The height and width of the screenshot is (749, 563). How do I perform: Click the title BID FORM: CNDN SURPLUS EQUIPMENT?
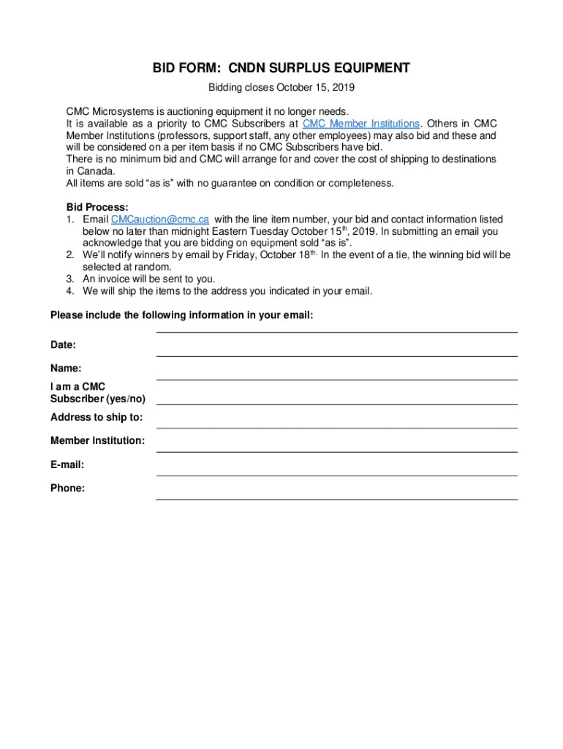(281, 69)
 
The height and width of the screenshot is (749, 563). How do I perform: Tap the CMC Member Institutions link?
(361, 124)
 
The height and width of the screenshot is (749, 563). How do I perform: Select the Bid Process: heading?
(97, 208)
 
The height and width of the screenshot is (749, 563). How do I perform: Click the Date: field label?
(63, 345)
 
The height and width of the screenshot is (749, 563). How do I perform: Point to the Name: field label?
(66, 369)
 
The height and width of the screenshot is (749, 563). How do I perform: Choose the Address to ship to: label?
(97, 417)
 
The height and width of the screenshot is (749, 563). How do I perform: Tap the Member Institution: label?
(97, 440)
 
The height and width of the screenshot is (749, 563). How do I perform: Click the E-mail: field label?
(67, 464)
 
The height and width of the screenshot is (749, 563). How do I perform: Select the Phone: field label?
(67, 488)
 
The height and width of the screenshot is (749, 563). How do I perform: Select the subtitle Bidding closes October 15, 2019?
(281, 89)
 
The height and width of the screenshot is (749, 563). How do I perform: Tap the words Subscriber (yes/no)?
(97, 399)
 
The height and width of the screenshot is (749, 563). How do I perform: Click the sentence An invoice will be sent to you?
(148, 279)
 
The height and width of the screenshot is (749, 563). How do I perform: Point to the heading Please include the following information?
(181, 315)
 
